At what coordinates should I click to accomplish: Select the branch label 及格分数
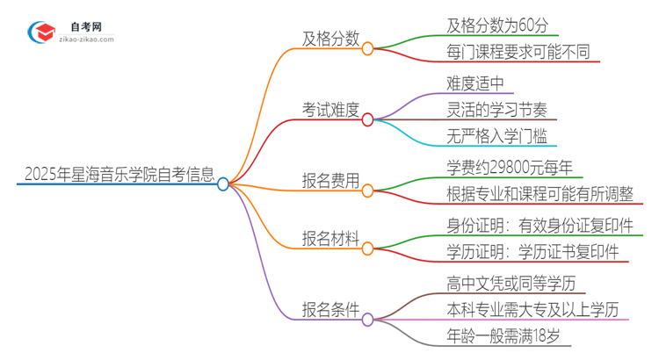[x=329, y=39]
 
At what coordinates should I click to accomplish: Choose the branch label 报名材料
[x=329, y=237]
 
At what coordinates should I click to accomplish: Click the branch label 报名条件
[x=329, y=309]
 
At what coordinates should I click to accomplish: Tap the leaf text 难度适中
[x=475, y=83]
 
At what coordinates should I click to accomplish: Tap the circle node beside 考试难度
[x=368, y=118]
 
